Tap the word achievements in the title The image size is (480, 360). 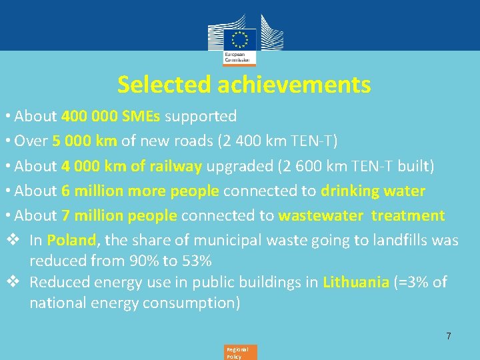point(293,85)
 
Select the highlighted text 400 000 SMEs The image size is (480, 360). point(111,116)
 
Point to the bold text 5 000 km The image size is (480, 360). point(85,141)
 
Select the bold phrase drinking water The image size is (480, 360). point(373,191)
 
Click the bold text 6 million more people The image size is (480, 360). point(140,191)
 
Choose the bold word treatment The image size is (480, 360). point(408,215)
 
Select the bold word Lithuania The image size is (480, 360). point(355,282)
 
